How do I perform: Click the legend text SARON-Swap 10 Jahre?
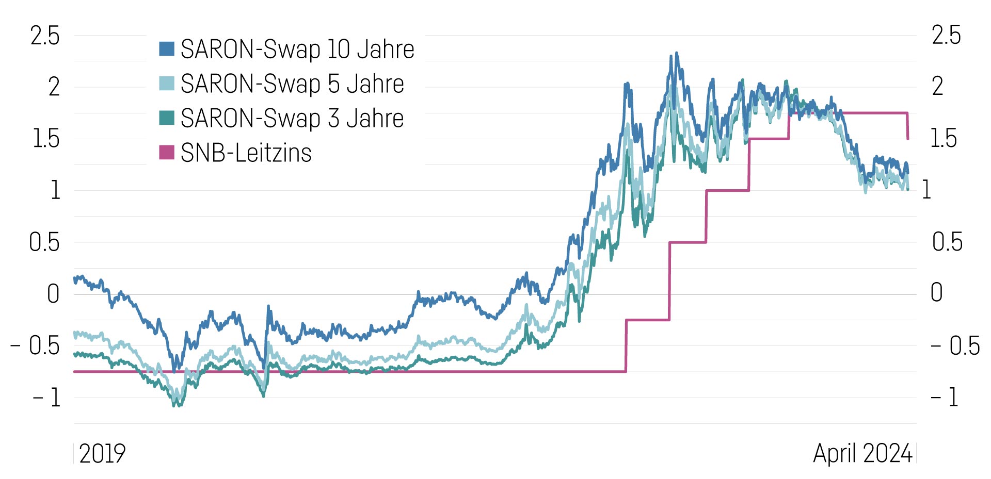[297, 49]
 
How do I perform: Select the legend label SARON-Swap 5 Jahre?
[292, 84]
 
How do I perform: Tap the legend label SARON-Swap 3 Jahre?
[292, 119]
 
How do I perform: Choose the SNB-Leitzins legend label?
[246, 153]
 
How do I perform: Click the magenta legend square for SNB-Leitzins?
[166, 152]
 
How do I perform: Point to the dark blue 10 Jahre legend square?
[166, 48]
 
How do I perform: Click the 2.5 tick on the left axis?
[45, 36]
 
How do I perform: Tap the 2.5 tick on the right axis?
[946, 36]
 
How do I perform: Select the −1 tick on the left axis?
[46, 398]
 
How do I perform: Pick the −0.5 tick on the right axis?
[955, 346]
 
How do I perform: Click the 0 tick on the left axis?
[53, 294]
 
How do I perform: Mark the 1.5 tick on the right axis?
[944, 139]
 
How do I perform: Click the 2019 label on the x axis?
[102, 454]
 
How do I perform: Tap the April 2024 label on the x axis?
[862, 454]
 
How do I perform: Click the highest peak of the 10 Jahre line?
[676, 53]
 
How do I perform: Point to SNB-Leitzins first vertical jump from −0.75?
[626, 345]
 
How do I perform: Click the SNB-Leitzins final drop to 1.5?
[908, 126]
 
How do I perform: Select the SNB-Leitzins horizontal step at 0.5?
[688, 242]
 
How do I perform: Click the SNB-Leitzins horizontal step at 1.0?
[727, 191]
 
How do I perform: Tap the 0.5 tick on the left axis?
[44, 242]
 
